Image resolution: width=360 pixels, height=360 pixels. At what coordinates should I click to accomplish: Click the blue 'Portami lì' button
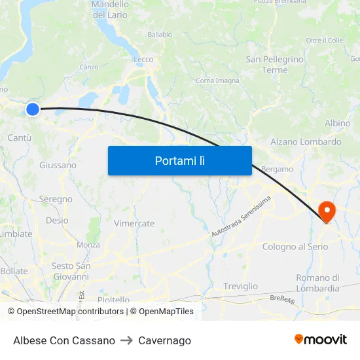click(x=179, y=160)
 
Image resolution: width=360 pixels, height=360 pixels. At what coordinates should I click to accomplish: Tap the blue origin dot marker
click(x=32, y=109)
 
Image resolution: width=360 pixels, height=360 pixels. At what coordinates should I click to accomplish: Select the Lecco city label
click(x=143, y=60)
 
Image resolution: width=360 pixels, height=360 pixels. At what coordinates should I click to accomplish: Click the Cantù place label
click(x=20, y=137)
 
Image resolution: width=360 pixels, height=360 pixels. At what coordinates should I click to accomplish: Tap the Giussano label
click(x=58, y=165)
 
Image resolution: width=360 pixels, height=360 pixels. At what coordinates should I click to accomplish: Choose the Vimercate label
click(x=134, y=223)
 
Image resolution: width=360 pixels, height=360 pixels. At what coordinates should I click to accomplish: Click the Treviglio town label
click(x=240, y=286)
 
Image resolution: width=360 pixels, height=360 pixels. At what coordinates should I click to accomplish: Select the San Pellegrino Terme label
click(x=275, y=64)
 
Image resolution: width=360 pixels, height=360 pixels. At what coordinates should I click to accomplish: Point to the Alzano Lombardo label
click(x=306, y=141)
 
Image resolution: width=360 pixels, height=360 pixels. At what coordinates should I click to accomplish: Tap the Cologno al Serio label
click(x=295, y=247)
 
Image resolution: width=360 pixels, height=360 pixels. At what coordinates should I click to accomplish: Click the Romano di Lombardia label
click(x=317, y=283)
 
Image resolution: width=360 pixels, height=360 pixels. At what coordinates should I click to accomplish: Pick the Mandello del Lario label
click(x=110, y=9)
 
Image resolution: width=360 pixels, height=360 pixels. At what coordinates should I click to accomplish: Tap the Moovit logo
click(x=321, y=339)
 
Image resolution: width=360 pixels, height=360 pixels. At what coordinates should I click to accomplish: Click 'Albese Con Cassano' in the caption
click(x=64, y=340)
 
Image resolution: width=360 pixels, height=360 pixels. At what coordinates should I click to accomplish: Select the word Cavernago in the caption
click(x=165, y=340)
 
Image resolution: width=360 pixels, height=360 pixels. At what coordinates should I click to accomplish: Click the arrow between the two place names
click(x=126, y=340)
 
